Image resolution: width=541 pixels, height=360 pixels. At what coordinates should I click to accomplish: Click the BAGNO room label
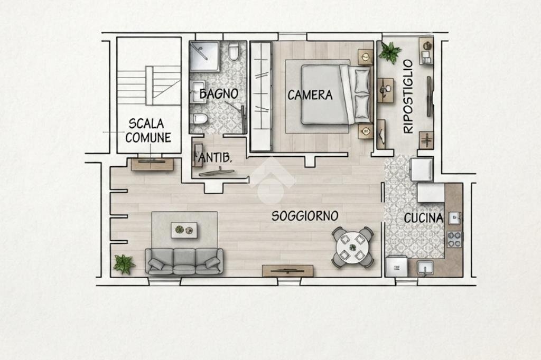click(x=219, y=94)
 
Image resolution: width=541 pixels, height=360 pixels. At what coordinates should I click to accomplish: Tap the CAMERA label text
click(x=310, y=95)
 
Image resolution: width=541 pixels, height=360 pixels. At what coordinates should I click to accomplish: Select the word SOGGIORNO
click(x=305, y=216)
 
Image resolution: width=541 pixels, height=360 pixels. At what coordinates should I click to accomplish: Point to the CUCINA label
click(x=423, y=218)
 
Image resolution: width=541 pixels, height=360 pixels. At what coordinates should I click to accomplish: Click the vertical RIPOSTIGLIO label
click(x=408, y=97)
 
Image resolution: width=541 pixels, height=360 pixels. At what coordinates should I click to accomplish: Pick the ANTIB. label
click(x=214, y=158)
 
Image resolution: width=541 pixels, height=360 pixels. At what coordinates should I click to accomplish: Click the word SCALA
click(x=146, y=124)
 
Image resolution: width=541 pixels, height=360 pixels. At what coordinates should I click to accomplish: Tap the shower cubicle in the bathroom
click(x=204, y=56)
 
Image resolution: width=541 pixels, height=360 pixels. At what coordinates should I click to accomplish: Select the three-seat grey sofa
click(x=184, y=261)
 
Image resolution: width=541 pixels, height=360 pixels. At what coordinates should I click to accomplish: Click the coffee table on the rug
click(x=184, y=230)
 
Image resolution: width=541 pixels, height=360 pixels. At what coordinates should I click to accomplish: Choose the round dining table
click(x=352, y=247)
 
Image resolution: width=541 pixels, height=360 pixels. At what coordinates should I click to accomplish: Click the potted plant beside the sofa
click(x=124, y=264)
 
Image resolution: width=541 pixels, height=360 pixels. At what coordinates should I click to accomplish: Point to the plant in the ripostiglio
click(x=390, y=52)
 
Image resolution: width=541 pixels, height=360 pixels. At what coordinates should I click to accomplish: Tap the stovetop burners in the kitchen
click(x=454, y=239)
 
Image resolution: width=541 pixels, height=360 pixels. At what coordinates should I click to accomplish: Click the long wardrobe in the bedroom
click(x=261, y=96)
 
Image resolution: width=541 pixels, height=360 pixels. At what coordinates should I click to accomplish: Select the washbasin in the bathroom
click(x=198, y=92)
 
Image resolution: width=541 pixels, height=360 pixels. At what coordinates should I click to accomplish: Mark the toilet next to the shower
click(x=234, y=51)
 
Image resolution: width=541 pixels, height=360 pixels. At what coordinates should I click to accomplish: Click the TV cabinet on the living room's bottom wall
click(x=288, y=271)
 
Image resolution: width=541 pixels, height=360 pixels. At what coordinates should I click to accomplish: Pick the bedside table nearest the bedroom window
click(x=366, y=56)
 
